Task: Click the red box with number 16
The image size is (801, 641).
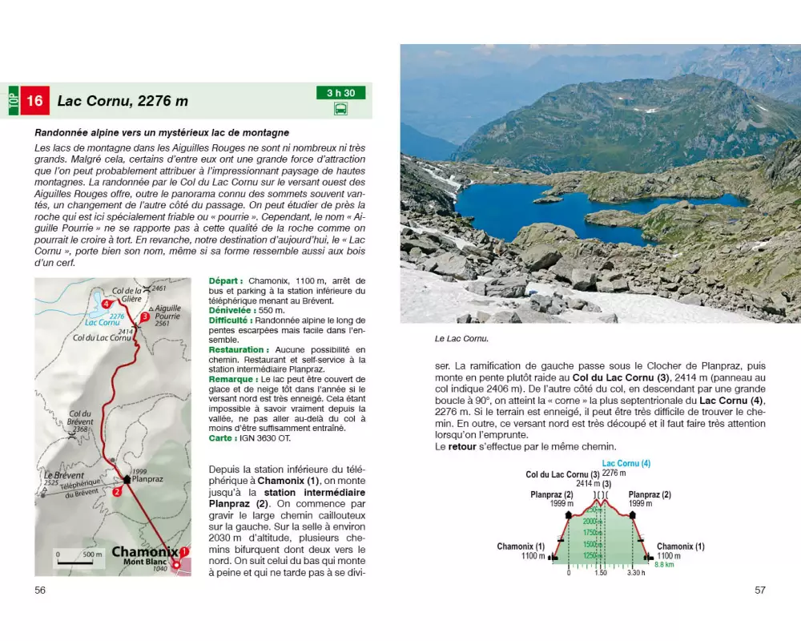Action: (35, 101)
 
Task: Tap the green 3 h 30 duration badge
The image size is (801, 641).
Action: (340, 93)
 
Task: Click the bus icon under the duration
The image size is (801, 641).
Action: (340, 109)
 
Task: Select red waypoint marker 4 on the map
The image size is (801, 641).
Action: (107, 304)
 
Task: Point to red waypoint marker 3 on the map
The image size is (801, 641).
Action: (144, 317)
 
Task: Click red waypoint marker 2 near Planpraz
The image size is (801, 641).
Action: (117, 492)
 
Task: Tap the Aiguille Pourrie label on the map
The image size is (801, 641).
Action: (167, 312)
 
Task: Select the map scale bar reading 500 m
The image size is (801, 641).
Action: (79, 554)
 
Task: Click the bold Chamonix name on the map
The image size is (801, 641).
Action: (144, 552)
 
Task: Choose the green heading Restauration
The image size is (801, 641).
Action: (238, 349)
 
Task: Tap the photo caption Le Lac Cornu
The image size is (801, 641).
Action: (461, 339)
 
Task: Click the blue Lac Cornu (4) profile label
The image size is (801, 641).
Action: (626, 463)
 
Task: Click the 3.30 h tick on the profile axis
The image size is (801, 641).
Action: (635, 573)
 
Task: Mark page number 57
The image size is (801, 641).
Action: (760, 591)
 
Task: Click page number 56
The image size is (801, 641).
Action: (40, 591)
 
